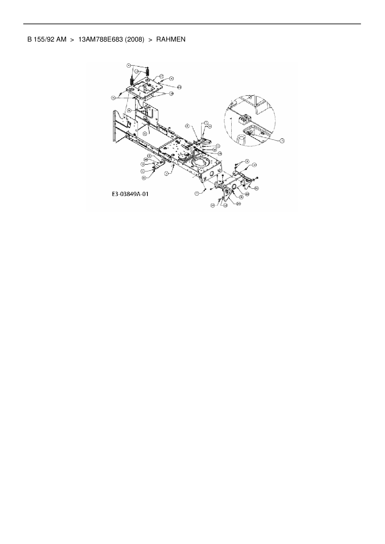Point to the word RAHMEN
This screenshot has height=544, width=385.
[x=171, y=39]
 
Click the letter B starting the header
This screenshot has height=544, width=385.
[x=29, y=39]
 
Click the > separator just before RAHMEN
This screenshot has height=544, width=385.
[x=150, y=39]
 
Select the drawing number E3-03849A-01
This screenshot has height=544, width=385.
[x=130, y=194]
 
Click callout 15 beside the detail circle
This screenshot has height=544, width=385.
[x=282, y=140]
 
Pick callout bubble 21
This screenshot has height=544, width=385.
[x=256, y=188]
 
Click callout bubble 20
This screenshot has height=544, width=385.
[x=239, y=203]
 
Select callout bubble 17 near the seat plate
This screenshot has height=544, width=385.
[x=161, y=76]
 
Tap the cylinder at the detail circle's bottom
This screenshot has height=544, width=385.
[x=241, y=140]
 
